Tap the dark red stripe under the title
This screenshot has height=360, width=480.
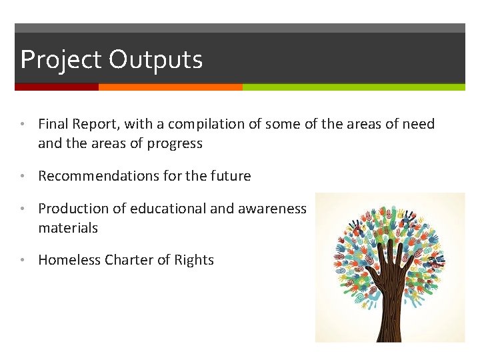[56, 87]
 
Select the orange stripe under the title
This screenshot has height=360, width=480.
[170, 87]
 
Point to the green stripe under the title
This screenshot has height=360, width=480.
[353, 87]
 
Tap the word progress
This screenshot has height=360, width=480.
[176, 143]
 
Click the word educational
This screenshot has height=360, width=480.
[168, 209]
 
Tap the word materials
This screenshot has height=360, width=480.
[68, 228]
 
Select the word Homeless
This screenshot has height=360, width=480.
[69, 260]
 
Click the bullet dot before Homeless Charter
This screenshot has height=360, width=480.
[23, 261]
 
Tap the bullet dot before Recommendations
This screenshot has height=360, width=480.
[23, 177]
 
